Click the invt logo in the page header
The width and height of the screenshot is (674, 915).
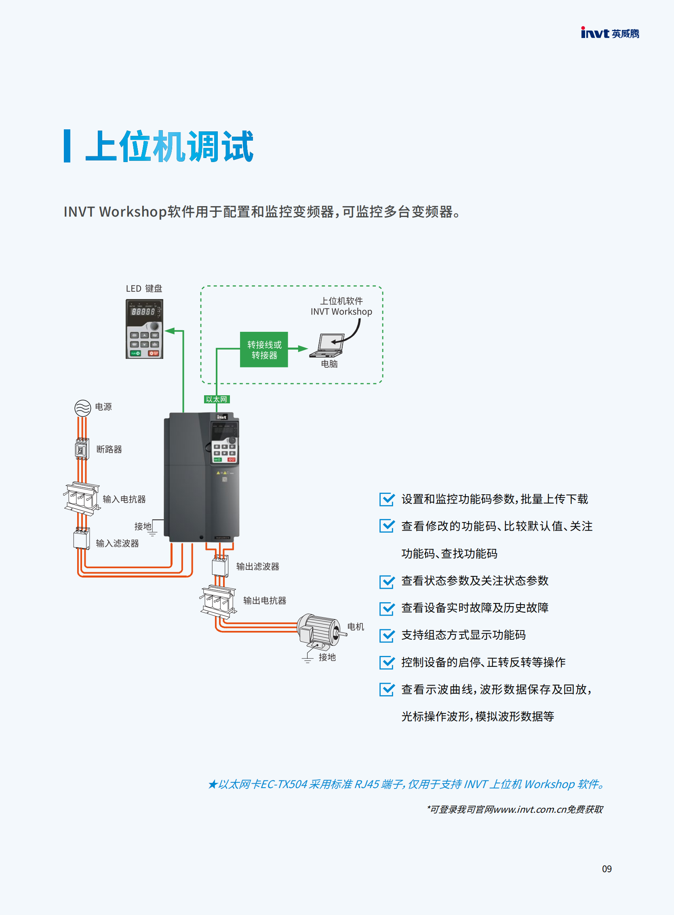coord(610,33)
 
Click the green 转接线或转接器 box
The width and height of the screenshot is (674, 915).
coord(264,350)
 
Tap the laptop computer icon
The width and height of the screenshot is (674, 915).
coord(326,345)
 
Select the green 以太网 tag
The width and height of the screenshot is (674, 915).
coord(217,399)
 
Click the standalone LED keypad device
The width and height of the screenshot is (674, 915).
coord(144,329)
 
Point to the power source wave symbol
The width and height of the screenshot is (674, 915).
coord(82,408)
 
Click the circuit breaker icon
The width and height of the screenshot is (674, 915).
coord(82,449)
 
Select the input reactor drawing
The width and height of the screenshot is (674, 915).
coord(82,498)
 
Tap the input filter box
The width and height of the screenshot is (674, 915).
coord(82,538)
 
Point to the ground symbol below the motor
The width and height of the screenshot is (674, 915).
coord(308,658)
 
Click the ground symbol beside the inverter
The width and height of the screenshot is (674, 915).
coord(153,532)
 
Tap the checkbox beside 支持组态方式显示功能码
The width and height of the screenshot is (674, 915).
coord(387,635)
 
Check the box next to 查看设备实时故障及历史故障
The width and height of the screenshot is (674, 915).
coord(387,608)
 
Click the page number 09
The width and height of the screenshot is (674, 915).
coord(607,869)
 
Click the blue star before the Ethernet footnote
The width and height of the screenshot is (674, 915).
coord(212,784)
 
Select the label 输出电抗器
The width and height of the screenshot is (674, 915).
coord(265,600)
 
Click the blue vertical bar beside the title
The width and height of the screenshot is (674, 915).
coord(67,146)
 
